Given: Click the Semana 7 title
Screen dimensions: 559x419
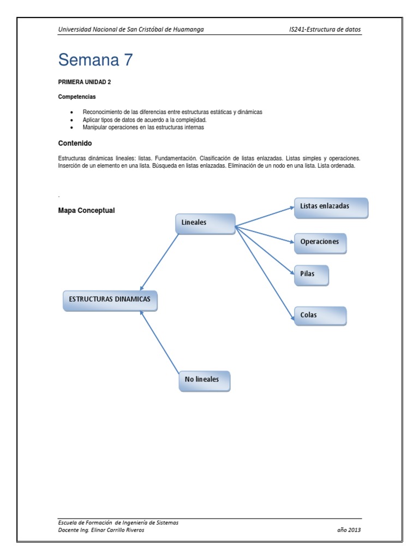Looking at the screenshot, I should [x=95, y=60].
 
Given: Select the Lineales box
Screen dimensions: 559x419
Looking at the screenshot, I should [x=205, y=223].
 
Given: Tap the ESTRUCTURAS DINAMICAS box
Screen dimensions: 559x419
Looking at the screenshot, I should [x=110, y=300].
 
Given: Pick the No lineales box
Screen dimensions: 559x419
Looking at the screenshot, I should [x=204, y=380].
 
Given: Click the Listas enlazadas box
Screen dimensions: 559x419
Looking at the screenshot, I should [x=331, y=207].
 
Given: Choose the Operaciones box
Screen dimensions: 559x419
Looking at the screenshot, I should [x=320, y=243].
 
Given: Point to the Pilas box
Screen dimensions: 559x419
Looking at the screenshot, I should [x=311, y=275].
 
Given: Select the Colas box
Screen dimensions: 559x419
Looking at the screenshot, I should [x=320, y=316].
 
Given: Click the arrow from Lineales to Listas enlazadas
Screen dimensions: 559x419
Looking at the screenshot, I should [x=265, y=216].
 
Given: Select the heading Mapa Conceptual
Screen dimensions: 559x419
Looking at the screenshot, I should [x=86, y=211].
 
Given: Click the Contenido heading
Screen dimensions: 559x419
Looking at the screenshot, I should [x=75, y=144].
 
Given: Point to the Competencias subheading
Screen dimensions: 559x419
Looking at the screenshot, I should [x=77, y=97].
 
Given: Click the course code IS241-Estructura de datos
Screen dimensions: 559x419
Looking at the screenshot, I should [x=325, y=29].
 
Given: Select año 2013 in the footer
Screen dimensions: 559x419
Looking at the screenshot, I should [x=349, y=530].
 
